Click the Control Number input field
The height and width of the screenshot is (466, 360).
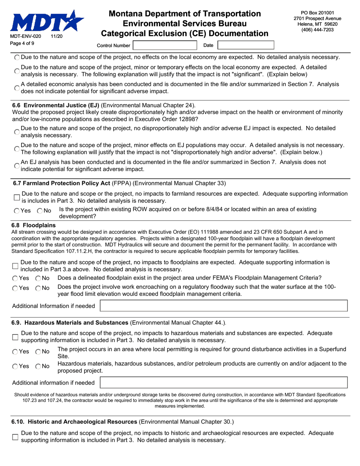coord(165,45)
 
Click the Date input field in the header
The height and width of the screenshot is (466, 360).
coord(246,45)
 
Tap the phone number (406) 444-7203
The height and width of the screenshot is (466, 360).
coord(317,30)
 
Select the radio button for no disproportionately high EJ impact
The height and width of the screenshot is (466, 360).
coord(17,132)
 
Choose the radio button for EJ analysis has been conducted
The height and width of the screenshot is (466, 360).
coord(17,166)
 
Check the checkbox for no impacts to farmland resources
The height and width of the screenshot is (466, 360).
coord(16,197)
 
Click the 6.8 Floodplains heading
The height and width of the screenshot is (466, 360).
coord(34,225)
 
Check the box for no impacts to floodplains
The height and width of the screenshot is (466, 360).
coord(16,266)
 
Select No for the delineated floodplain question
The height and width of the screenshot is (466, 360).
coord(38,278)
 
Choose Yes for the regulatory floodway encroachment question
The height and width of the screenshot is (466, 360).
coord(15,288)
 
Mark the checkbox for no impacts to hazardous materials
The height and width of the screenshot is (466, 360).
coord(16,337)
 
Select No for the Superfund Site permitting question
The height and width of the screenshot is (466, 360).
coord(38,352)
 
